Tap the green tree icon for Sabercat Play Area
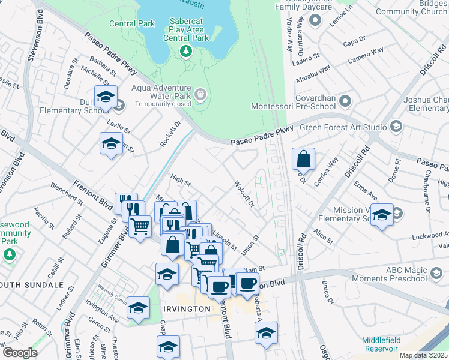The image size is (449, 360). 187,52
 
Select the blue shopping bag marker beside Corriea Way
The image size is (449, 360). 304,160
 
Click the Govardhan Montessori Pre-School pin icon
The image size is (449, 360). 345,100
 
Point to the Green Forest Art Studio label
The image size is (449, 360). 351,127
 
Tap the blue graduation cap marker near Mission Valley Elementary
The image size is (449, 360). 381,215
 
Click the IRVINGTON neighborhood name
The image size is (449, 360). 187,308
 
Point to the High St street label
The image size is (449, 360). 180,179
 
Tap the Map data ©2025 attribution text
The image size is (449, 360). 423,355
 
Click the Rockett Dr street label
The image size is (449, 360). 170,134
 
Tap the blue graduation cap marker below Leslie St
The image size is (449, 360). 110,144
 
